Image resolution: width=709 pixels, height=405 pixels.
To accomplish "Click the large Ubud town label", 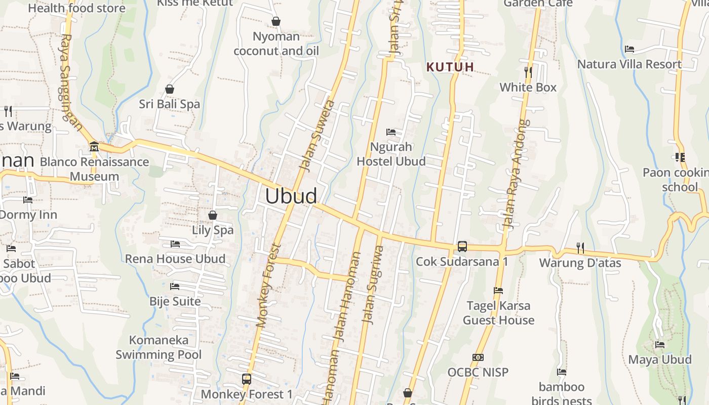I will click(291, 196).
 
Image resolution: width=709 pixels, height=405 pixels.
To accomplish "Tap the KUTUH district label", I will click(450, 67).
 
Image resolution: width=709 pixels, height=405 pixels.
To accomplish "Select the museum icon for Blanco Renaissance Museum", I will click(94, 147).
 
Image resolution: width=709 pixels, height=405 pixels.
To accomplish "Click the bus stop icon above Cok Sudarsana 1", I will click(462, 247).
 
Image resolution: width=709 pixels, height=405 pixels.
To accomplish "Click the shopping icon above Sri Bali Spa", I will click(170, 89).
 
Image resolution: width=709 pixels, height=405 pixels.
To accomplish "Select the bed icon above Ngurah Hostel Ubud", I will click(391, 132).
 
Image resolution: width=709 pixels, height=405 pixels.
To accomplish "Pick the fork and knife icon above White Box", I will click(528, 72).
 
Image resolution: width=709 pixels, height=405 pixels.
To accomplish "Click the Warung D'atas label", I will click(580, 263).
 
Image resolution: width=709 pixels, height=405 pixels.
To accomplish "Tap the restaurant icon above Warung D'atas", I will click(580, 248).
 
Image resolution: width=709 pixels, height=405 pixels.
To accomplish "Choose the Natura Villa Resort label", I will click(629, 64).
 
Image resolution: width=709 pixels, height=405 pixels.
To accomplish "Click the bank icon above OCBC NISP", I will click(478, 357).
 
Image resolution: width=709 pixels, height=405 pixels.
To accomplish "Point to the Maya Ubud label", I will click(659, 359).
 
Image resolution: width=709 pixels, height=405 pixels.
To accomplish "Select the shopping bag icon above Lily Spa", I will click(213, 215).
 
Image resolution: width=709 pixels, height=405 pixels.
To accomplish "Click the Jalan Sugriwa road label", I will click(372, 285).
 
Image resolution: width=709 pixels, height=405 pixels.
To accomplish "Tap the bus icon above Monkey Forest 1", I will click(246, 379).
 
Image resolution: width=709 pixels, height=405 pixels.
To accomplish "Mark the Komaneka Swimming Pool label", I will click(159, 347).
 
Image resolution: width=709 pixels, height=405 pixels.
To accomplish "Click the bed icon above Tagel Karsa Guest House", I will click(498, 291).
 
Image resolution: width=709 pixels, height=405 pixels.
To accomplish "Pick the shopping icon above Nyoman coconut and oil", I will click(276, 21).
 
